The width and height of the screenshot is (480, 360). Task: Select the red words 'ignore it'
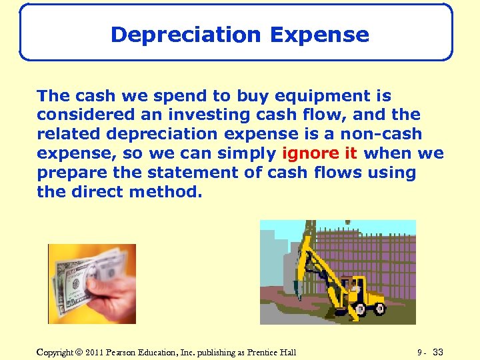click(320, 153)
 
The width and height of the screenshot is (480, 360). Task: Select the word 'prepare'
click(68, 173)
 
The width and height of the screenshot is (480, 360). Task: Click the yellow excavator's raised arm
click(313, 260)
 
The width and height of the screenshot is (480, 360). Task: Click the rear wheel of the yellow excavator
click(378, 309)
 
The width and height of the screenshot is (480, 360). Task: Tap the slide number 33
click(438, 351)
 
